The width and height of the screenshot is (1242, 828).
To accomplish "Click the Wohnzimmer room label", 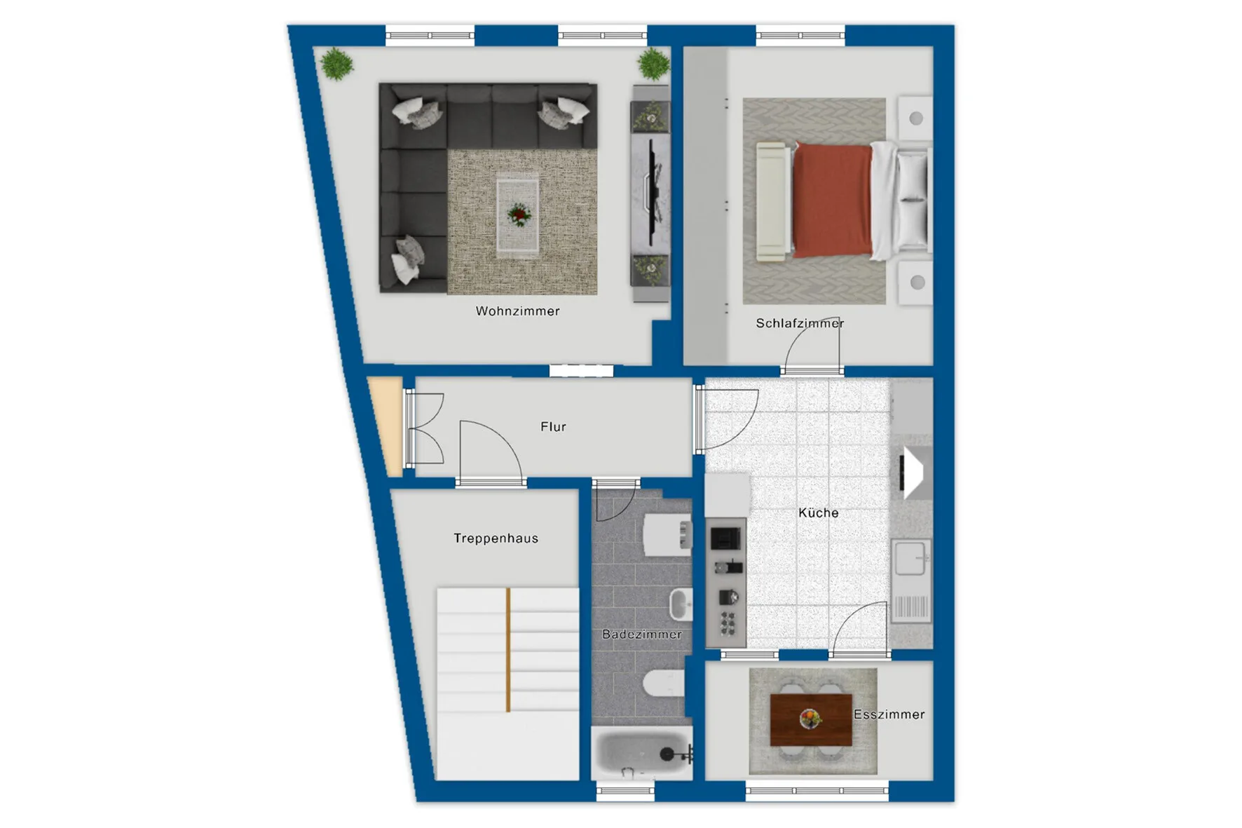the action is coord(517,311).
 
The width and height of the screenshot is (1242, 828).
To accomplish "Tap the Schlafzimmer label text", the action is coord(800,323).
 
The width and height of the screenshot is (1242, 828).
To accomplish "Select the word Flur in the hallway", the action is coord(553,426).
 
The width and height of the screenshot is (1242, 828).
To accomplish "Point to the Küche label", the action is coord(818,513).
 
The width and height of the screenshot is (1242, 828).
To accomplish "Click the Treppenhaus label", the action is coord(496,538).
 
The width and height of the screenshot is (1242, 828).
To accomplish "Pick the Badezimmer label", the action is coord(642,634).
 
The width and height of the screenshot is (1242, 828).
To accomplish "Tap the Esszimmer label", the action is coord(889,714).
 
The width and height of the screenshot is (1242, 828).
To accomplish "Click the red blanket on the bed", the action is coord(832,201).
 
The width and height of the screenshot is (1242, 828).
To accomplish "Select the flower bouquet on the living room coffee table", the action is coord(519,215).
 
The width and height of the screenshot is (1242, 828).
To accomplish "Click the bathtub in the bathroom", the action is coord(642,754).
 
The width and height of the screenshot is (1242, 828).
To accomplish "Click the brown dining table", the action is coord(811,720).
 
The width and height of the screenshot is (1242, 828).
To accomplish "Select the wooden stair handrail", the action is coord(508,650).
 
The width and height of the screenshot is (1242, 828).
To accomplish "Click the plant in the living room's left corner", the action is coord(337,65).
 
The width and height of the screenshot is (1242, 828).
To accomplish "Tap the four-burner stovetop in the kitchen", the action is coord(728,623).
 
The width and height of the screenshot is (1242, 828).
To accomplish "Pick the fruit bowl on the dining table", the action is coord(810,719).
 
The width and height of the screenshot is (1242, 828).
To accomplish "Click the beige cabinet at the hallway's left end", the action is coord(385,426).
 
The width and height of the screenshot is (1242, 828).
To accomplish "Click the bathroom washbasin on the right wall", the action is coord(681,604).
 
